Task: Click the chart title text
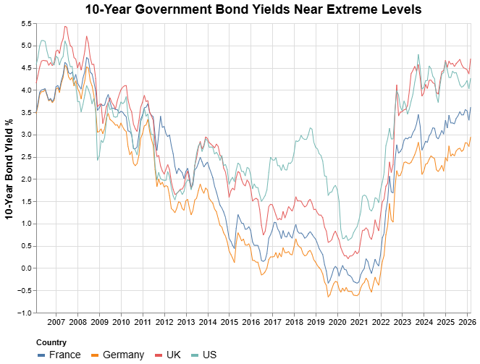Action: coord(253,9)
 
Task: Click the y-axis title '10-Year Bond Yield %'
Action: coord(9,168)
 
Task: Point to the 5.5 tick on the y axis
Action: coord(26,24)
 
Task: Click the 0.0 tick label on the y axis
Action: coord(26,268)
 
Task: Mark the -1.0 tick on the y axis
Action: coord(25,313)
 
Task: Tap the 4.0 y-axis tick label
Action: coord(26,90)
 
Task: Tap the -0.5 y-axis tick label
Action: coord(25,291)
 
